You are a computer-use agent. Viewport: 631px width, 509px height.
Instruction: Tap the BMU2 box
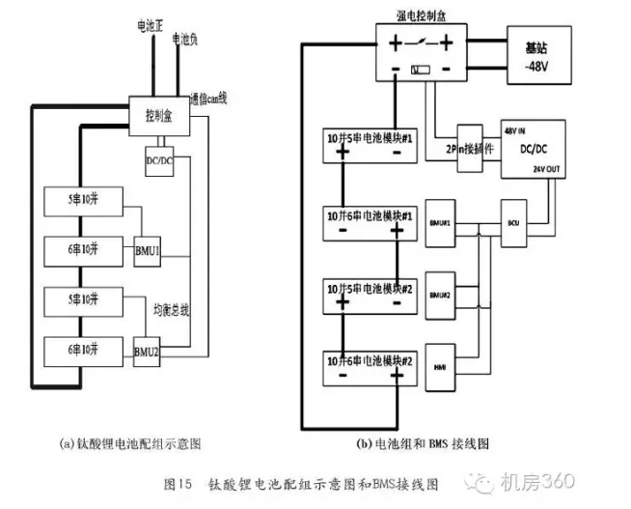[148, 351]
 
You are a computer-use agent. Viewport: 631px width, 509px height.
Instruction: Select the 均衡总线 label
[173, 310]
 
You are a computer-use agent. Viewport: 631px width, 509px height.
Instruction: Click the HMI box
[439, 367]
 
